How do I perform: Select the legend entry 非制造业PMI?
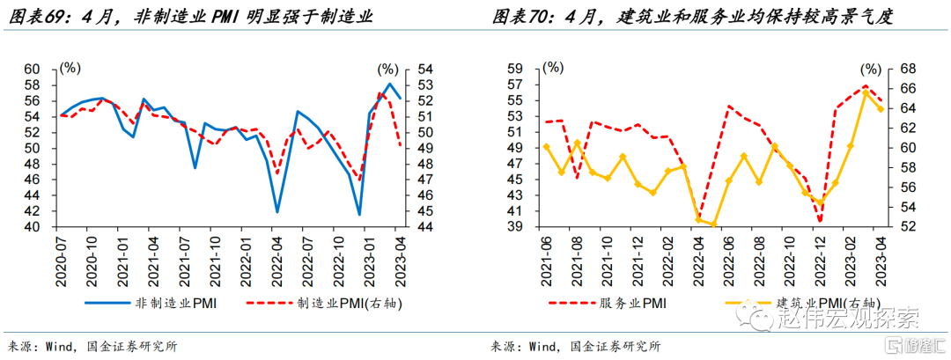pos(177,304)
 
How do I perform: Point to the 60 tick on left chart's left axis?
pos(32,69)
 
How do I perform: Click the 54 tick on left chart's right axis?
pos(424,69)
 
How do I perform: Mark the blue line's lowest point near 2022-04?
pos(277,212)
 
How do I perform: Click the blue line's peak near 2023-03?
pos(390,84)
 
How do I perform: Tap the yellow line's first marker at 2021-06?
pos(547,147)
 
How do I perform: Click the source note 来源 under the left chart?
pos(18,346)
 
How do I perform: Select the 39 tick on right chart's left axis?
pos(517,227)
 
